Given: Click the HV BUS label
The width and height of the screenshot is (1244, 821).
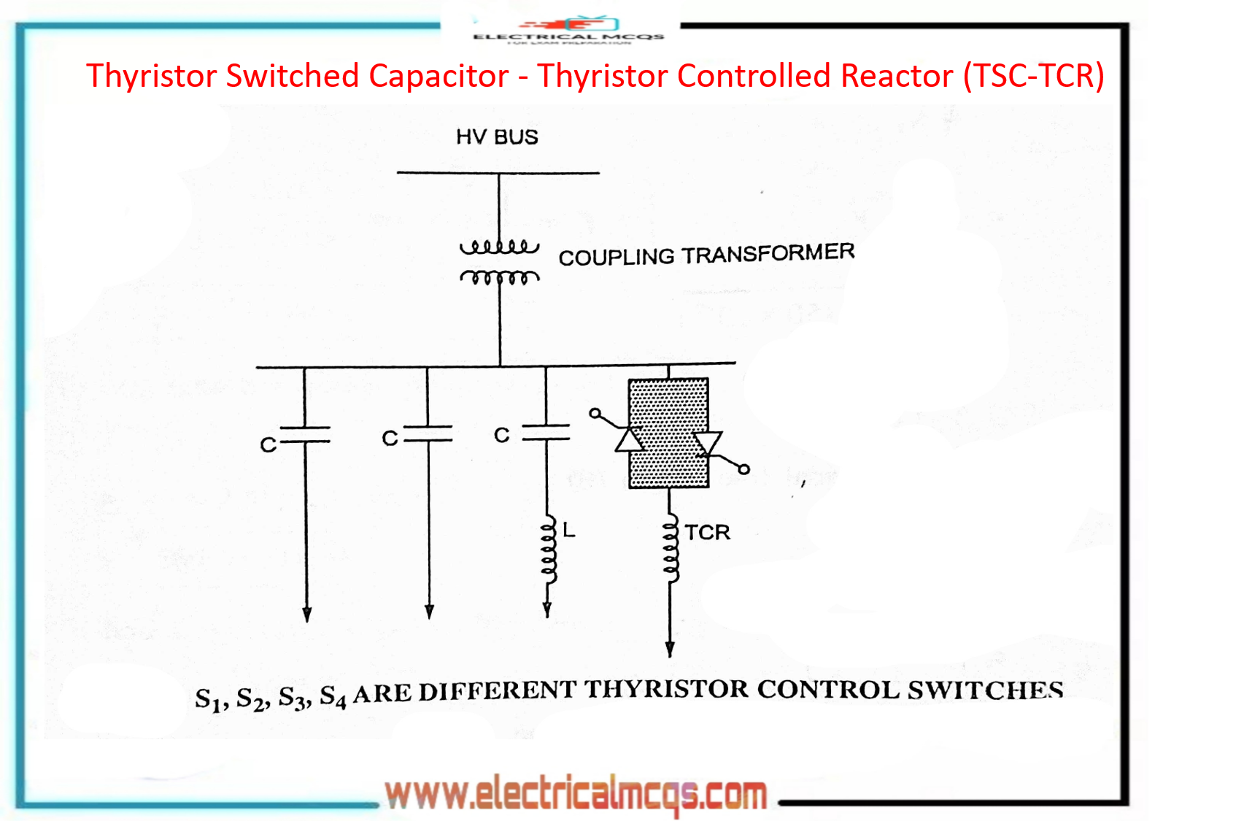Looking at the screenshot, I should click(497, 137).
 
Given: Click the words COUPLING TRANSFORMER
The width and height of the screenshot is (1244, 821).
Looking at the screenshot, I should click(706, 255).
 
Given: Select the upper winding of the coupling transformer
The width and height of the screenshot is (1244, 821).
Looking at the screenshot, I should click(499, 247).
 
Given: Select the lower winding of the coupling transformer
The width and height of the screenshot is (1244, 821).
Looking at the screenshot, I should click(499, 277).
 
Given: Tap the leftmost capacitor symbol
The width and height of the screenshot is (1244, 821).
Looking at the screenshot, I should click(305, 435).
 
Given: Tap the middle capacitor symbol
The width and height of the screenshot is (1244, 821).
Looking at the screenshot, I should click(428, 434).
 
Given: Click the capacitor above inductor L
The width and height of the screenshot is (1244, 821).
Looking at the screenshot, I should click(546, 432).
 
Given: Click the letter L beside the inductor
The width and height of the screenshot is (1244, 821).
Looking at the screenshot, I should click(569, 531).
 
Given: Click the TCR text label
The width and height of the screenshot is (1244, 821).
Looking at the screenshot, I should click(707, 533).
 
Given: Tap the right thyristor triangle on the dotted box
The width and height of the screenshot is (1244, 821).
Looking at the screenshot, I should click(707, 443).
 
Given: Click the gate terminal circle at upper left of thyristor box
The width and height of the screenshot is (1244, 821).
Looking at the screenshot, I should click(595, 414).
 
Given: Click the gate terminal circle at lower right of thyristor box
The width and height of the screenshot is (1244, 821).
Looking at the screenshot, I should click(743, 469).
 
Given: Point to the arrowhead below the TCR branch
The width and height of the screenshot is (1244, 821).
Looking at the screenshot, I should click(670, 649).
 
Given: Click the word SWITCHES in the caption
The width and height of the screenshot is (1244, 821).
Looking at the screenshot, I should click(985, 690).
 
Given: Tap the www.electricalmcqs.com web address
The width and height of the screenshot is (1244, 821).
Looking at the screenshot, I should click(576, 794).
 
